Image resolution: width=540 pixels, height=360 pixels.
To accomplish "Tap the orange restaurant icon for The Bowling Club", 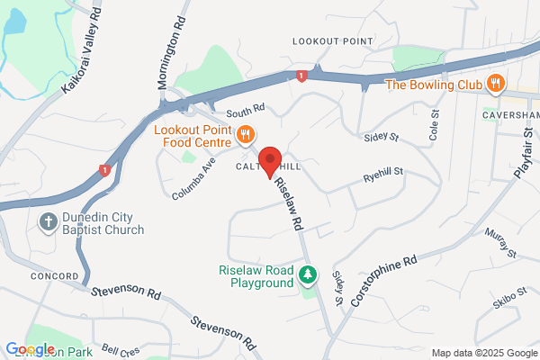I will (494, 85).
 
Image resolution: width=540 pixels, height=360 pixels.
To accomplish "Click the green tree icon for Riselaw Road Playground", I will (309, 274).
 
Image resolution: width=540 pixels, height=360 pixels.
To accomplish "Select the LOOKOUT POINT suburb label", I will (333, 42).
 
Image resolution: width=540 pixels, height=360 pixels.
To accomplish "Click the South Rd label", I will (245, 110).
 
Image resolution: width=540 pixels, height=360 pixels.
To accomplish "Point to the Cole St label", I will (435, 128).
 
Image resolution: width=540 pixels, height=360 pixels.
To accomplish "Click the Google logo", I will (30, 349).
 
